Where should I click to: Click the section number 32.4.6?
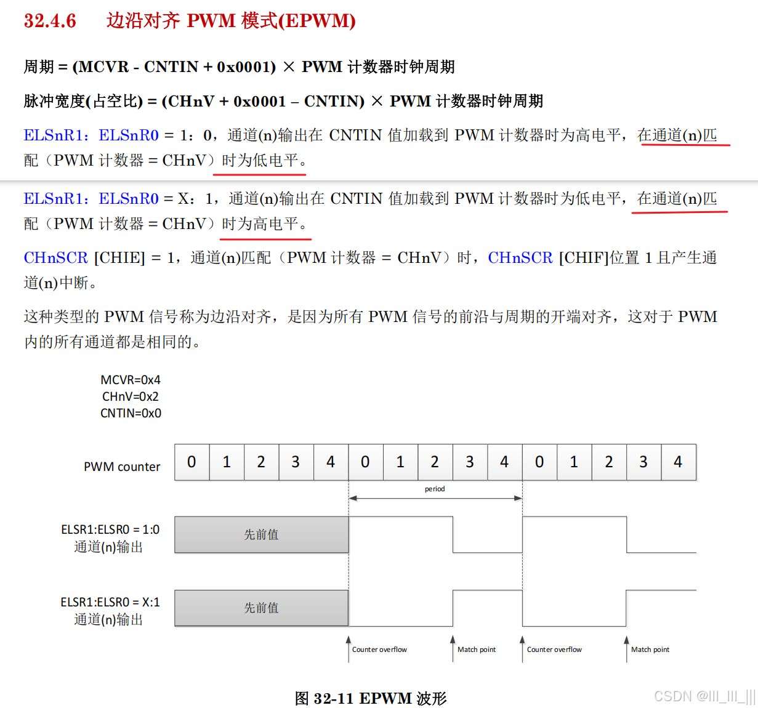click(50, 21)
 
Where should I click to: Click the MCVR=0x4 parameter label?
click(131, 380)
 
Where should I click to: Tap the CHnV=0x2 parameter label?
click(131, 396)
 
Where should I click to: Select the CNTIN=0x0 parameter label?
click(131, 413)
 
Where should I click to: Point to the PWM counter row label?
click(122, 467)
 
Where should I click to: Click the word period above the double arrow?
click(435, 489)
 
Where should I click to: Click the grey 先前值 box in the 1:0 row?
click(262, 534)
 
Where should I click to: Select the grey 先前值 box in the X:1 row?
click(262, 608)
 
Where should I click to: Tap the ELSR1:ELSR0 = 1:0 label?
click(110, 529)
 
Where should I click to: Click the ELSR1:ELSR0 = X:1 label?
click(110, 602)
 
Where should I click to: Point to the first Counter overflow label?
click(379, 650)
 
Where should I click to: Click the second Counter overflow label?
click(554, 650)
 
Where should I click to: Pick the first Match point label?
click(477, 650)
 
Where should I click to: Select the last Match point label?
click(650, 650)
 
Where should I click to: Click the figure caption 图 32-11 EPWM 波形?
click(371, 698)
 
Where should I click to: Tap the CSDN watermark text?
click(704, 696)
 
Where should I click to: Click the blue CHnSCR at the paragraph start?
click(56, 258)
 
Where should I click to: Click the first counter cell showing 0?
click(192, 462)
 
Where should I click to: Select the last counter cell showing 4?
click(678, 462)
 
